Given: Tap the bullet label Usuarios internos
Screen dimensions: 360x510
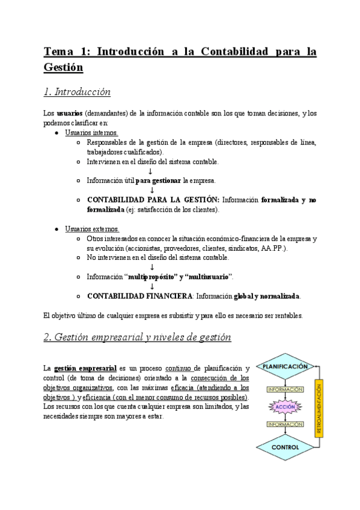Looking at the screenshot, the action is pos(91,132).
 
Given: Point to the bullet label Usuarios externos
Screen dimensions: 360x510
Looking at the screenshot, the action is pos(92,229).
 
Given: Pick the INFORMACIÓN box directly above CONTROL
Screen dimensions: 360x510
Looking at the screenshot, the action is pos(284,425).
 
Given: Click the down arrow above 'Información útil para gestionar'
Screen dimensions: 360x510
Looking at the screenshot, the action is pos(150,171).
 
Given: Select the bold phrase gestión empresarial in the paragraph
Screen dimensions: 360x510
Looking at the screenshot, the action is pos(85,368).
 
